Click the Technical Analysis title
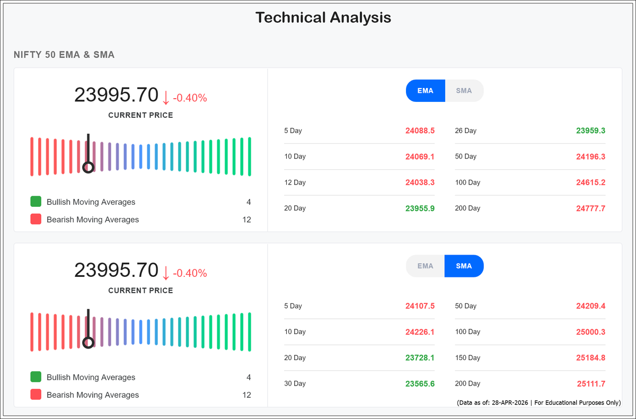pyautogui.click(x=323, y=18)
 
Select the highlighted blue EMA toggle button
pyautogui.click(x=425, y=91)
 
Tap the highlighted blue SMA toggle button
pyautogui.click(x=464, y=266)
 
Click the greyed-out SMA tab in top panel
pyautogui.click(x=464, y=91)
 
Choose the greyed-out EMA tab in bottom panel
pyautogui.click(x=425, y=266)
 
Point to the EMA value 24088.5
pyautogui.click(x=420, y=130)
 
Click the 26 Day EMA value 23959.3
pyautogui.click(x=590, y=130)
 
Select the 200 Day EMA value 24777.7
pyautogui.click(x=590, y=208)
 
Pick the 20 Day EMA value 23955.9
pyautogui.click(x=420, y=208)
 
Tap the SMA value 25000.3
pyautogui.click(x=590, y=332)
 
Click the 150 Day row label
pyautogui.click(x=467, y=358)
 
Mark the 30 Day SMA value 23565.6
pyautogui.click(x=420, y=384)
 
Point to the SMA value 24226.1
pyautogui.click(x=420, y=332)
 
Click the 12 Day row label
pyautogui.click(x=295, y=182)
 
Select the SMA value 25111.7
pyautogui.click(x=591, y=384)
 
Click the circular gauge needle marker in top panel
pyautogui.click(x=89, y=167)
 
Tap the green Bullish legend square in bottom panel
pyautogui.click(x=36, y=378)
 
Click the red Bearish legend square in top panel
pyautogui.click(x=36, y=220)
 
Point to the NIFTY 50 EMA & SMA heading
pyautogui.click(x=64, y=55)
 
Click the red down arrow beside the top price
pyautogui.click(x=165, y=98)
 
